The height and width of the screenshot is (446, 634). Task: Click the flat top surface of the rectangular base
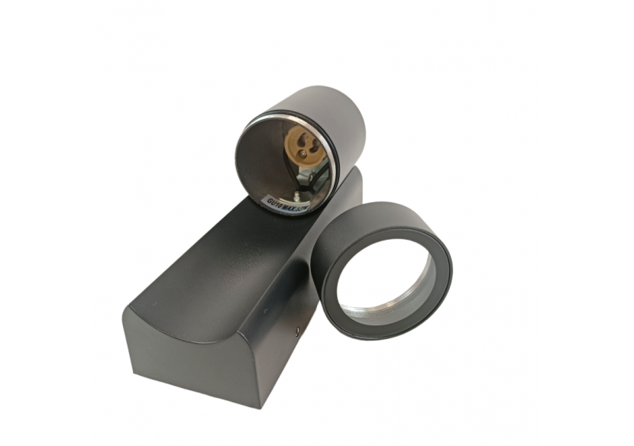pos(229,252)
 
